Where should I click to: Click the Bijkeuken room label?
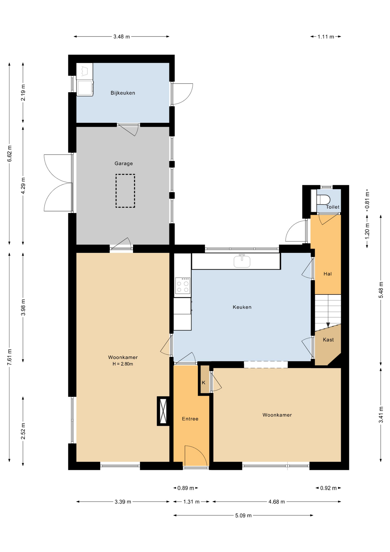[123, 93]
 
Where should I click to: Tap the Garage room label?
[123, 163]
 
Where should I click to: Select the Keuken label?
[242, 307]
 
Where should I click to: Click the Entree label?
[190, 419]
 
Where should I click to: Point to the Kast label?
[328, 340]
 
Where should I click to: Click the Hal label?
[327, 274]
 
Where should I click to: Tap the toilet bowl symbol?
[323, 200]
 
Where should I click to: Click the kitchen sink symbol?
[242, 261]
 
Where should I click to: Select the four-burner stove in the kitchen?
[183, 286]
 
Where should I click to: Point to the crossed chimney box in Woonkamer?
[163, 411]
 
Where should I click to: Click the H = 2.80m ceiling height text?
[123, 364]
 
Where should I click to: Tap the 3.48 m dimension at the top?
[121, 37]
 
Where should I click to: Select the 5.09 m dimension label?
[243, 515]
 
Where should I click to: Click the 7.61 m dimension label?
[9, 357]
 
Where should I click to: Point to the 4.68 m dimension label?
[277, 502]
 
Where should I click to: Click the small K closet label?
[204, 383]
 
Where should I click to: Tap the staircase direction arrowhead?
[328, 325]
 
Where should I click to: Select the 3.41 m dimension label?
[381, 415]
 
